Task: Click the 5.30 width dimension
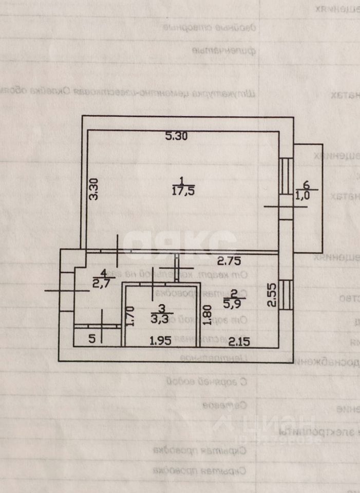click(x=177, y=137)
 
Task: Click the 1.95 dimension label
click(x=160, y=341)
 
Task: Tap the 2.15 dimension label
click(x=239, y=341)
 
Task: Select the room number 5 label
click(x=92, y=339)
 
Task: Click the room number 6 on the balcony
click(x=307, y=185)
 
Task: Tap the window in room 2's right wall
click(x=287, y=295)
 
